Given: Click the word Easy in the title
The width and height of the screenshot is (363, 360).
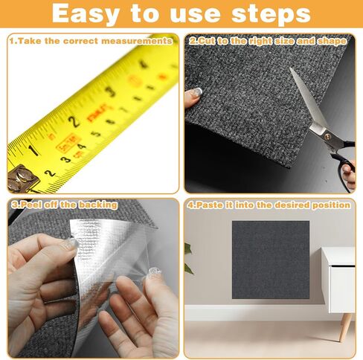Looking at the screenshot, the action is tap(86, 14).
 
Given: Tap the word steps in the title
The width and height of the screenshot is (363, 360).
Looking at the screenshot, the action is tap(271, 14).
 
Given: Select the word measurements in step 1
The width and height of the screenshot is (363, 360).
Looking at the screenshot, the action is tap(137, 41).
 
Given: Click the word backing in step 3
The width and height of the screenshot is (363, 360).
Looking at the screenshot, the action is tap(98, 205).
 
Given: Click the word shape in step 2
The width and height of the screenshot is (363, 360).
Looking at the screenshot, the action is tap(332, 42).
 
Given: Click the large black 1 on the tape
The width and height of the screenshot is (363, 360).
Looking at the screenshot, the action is tap(33, 150).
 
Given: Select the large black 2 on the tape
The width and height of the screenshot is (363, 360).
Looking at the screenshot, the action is tap(74, 121).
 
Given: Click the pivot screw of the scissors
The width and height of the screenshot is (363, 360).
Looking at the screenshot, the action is tap(327, 136).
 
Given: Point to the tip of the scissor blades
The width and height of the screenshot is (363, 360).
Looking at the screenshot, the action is tap(290, 68).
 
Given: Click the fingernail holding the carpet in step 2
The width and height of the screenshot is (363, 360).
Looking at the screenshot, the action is tap(198, 92).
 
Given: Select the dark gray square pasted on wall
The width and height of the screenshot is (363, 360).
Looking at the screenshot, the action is tap(271, 260).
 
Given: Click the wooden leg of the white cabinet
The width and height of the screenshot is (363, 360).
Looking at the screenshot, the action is tap(346, 327).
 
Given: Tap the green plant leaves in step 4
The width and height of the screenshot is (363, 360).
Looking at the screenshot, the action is tap(188, 259).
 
